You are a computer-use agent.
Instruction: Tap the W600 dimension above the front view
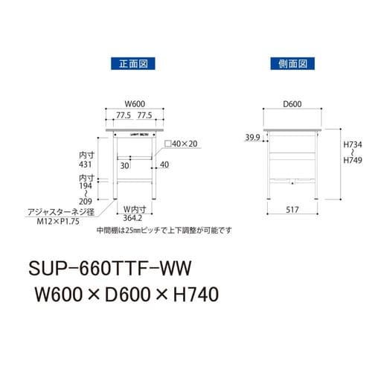135,105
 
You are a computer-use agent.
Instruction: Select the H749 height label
353,163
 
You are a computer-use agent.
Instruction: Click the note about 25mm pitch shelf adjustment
164,230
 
